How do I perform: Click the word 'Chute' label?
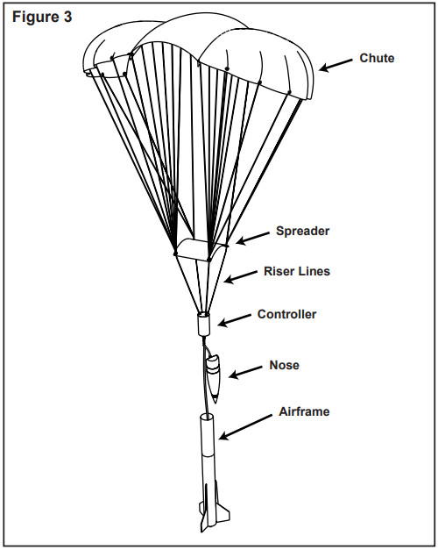(377, 60)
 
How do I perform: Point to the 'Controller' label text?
(286, 314)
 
